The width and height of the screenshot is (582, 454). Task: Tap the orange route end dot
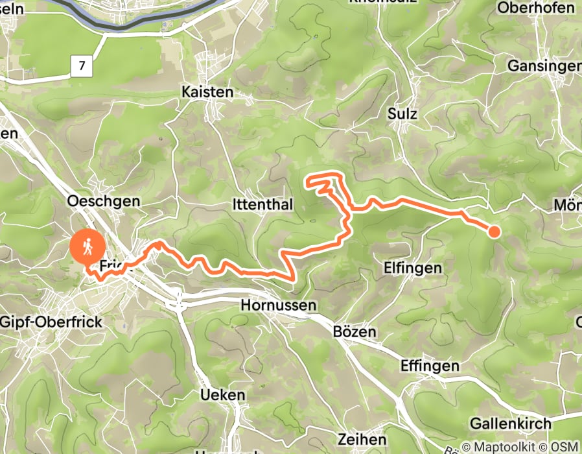click(494, 231)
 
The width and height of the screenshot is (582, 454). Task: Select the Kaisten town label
click(207, 92)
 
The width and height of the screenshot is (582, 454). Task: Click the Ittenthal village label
click(263, 205)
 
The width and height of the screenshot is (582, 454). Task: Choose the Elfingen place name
click(413, 267)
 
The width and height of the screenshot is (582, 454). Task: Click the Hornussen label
click(278, 304)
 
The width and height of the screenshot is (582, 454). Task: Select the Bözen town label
click(355, 331)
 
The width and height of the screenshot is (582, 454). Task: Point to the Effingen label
click(430, 366)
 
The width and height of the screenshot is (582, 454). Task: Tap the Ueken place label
click(223, 395)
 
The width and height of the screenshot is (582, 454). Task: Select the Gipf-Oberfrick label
click(45, 321)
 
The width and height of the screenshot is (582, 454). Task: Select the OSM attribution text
click(564, 447)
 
